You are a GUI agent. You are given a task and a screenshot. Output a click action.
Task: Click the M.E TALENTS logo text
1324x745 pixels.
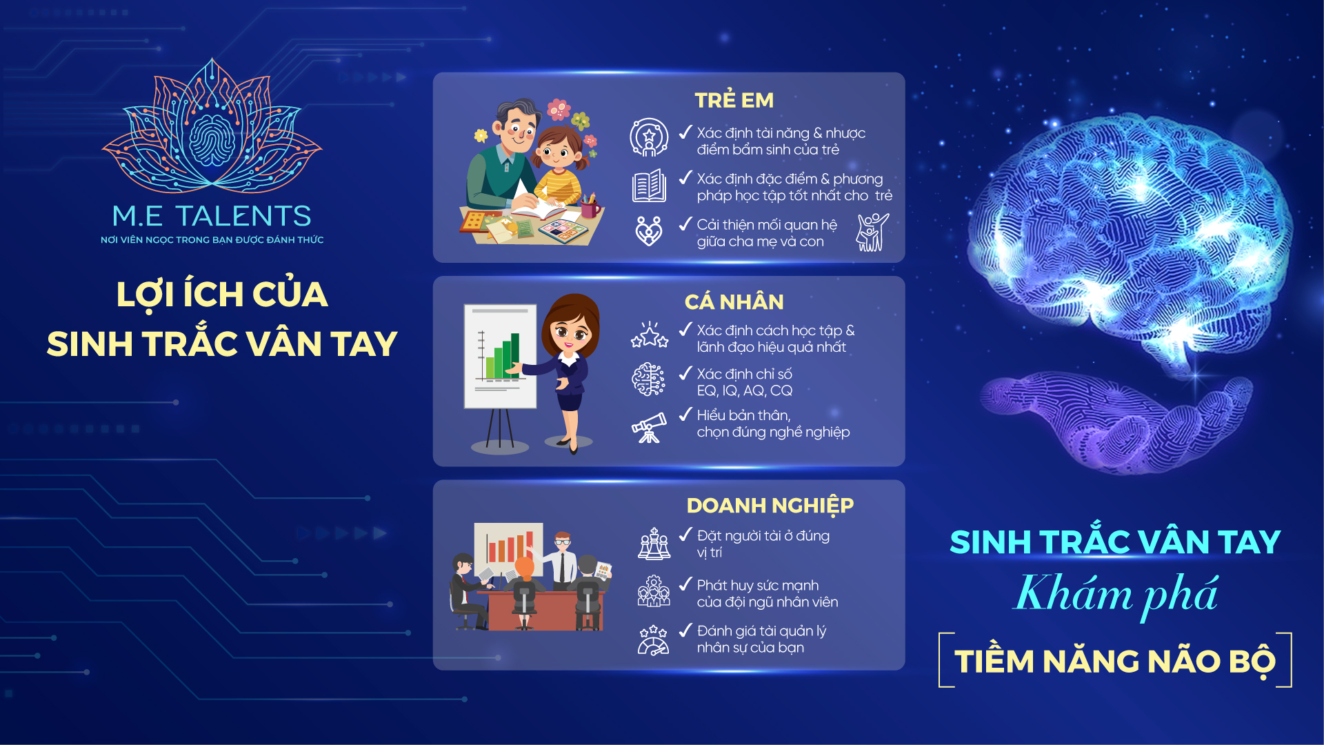[212, 216]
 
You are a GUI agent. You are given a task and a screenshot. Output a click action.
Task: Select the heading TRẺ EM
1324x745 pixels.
[734, 100]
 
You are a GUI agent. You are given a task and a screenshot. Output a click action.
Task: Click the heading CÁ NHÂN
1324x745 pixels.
[734, 301]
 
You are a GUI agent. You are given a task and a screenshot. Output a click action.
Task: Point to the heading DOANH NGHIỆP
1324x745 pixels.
[770, 506]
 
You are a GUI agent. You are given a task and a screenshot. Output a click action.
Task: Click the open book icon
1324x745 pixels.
[649, 186]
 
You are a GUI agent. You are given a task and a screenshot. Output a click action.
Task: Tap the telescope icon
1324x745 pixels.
[649, 428]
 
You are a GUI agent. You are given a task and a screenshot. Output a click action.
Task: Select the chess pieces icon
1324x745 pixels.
[654, 544]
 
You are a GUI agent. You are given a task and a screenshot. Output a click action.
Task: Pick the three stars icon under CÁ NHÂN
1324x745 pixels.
[650, 335]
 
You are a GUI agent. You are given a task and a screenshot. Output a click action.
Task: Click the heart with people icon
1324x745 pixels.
[649, 231]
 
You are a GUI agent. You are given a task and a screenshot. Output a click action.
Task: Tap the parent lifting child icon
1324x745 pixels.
[872, 232]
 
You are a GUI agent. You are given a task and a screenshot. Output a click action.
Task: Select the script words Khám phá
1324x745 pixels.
[1116, 594]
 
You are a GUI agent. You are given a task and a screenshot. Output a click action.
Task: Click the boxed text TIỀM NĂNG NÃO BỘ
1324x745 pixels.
[1115, 661]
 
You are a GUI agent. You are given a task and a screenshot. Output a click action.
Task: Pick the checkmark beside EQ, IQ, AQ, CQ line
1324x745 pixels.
[685, 373]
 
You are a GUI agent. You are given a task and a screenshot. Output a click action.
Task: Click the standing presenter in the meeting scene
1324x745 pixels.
[561, 559]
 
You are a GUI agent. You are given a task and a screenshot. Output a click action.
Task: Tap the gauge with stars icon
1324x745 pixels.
[653, 640]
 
